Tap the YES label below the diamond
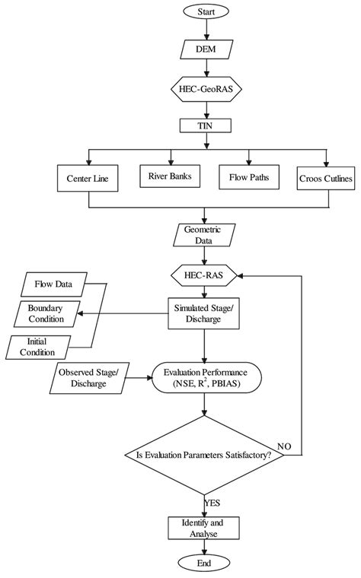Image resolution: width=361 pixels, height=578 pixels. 214,503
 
